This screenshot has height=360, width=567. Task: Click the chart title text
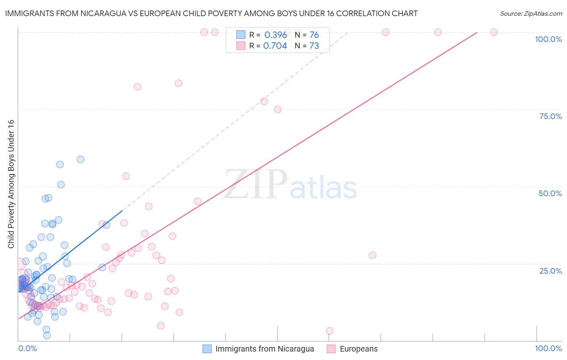[x=211, y=13]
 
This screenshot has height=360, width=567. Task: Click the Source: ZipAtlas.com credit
[x=531, y=14]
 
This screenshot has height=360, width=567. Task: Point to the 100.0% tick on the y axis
[x=548, y=39]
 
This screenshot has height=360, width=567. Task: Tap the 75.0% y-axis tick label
[x=550, y=116]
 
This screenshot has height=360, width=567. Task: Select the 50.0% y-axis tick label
[x=550, y=193]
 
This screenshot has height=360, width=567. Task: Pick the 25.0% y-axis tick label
[x=550, y=270]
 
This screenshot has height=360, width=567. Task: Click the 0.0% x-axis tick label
[x=27, y=348]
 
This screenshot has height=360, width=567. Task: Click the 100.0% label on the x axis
[x=548, y=348]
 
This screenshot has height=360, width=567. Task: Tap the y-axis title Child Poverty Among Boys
[x=11, y=184]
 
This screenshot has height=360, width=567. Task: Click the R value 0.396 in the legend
[x=275, y=35]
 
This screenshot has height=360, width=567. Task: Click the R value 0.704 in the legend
[x=275, y=46]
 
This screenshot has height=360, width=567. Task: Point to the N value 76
[x=314, y=35]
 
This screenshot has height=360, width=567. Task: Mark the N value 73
[x=314, y=46]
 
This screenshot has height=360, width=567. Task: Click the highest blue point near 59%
[x=81, y=159]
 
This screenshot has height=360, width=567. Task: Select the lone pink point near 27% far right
[x=372, y=255]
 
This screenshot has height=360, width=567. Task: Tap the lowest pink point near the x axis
[x=329, y=331]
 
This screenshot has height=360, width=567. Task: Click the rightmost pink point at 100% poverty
[x=494, y=32]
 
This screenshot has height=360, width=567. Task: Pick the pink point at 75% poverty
[x=277, y=109]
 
